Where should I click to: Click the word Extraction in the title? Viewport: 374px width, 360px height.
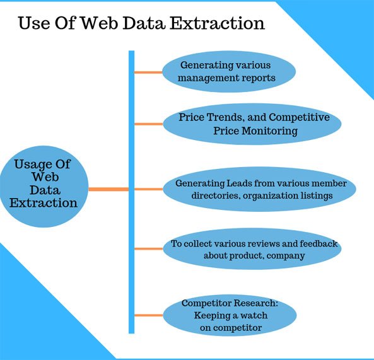(217, 23)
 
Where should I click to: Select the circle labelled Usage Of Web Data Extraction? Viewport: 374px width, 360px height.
(44, 187)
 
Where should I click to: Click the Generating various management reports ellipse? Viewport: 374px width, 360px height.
(229, 71)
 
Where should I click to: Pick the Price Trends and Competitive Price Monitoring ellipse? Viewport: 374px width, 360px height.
(252, 124)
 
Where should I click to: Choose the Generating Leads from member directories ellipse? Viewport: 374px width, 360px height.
(259, 189)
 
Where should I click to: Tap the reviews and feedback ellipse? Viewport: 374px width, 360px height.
(252, 249)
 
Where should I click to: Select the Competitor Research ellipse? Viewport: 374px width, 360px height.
(230, 315)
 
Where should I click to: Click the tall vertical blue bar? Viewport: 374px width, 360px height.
(131, 192)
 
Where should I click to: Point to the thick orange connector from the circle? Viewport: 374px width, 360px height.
(108, 189)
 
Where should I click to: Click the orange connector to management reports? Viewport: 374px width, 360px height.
(148, 73)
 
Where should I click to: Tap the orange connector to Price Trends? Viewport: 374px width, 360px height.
(149, 124)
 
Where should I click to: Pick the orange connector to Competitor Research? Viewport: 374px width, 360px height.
(149, 315)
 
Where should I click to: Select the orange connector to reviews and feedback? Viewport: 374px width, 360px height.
(149, 249)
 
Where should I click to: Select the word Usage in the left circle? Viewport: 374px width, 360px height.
(32, 165)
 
